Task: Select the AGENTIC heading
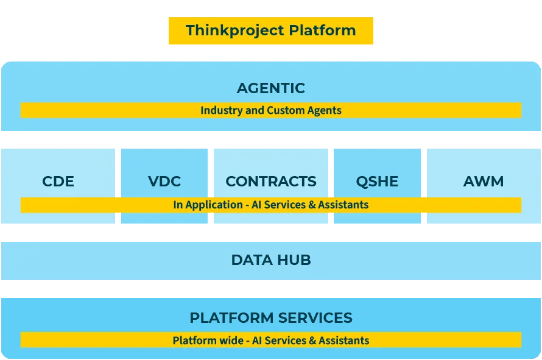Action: [x=271, y=88]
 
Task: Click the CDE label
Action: [x=58, y=182]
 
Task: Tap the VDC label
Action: [x=164, y=182]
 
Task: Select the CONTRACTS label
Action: [x=271, y=182]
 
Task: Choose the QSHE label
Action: [x=377, y=182]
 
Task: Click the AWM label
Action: [x=484, y=182]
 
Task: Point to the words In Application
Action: [x=208, y=205]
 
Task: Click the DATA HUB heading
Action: [x=271, y=260]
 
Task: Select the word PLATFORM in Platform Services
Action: [x=230, y=318]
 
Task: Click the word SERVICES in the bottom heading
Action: [x=315, y=318]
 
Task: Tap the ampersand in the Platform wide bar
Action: [x=313, y=341]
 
